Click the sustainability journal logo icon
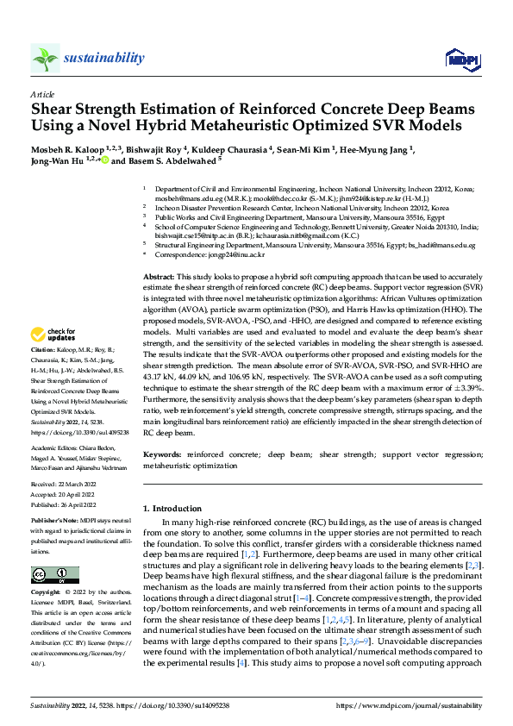(45, 58)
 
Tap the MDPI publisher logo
(461, 58)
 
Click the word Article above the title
(42, 94)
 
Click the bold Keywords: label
(164, 453)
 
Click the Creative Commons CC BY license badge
(54, 575)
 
